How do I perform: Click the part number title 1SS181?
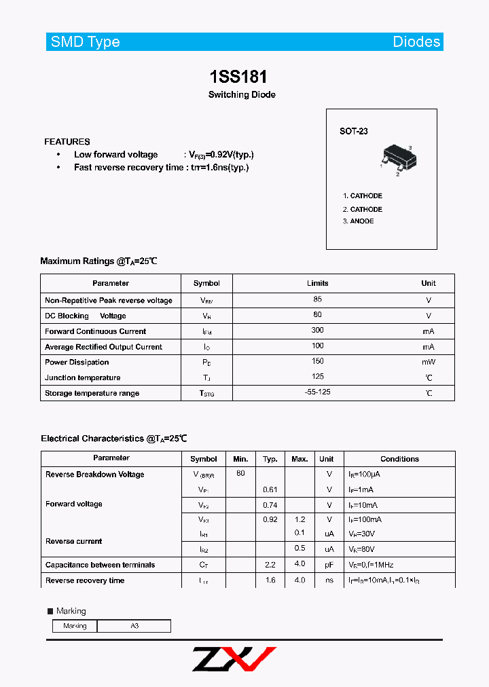click(242, 76)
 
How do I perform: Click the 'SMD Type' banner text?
click(85, 42)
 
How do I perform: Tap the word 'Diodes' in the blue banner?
click(416, 42)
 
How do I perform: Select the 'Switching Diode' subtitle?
click(242, 95)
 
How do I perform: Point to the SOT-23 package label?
click(354, 131)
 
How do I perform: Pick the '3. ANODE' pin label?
click(359, 221)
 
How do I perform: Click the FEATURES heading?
click(67, 142)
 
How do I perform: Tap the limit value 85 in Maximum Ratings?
click(318, 299)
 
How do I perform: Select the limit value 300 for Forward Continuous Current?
click(318, 331)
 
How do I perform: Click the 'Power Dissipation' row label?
click(77, 363)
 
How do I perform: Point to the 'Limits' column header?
click(318, 284)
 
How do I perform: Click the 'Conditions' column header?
click(399, 460)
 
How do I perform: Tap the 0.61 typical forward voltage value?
click(270, 489)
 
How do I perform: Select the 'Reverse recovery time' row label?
click(85, 580)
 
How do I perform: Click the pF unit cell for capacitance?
click(329, 565)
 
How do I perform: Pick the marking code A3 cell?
click(134, 626)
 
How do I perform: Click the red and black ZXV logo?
click(234, 658)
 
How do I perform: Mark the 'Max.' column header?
click(300, 460)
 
